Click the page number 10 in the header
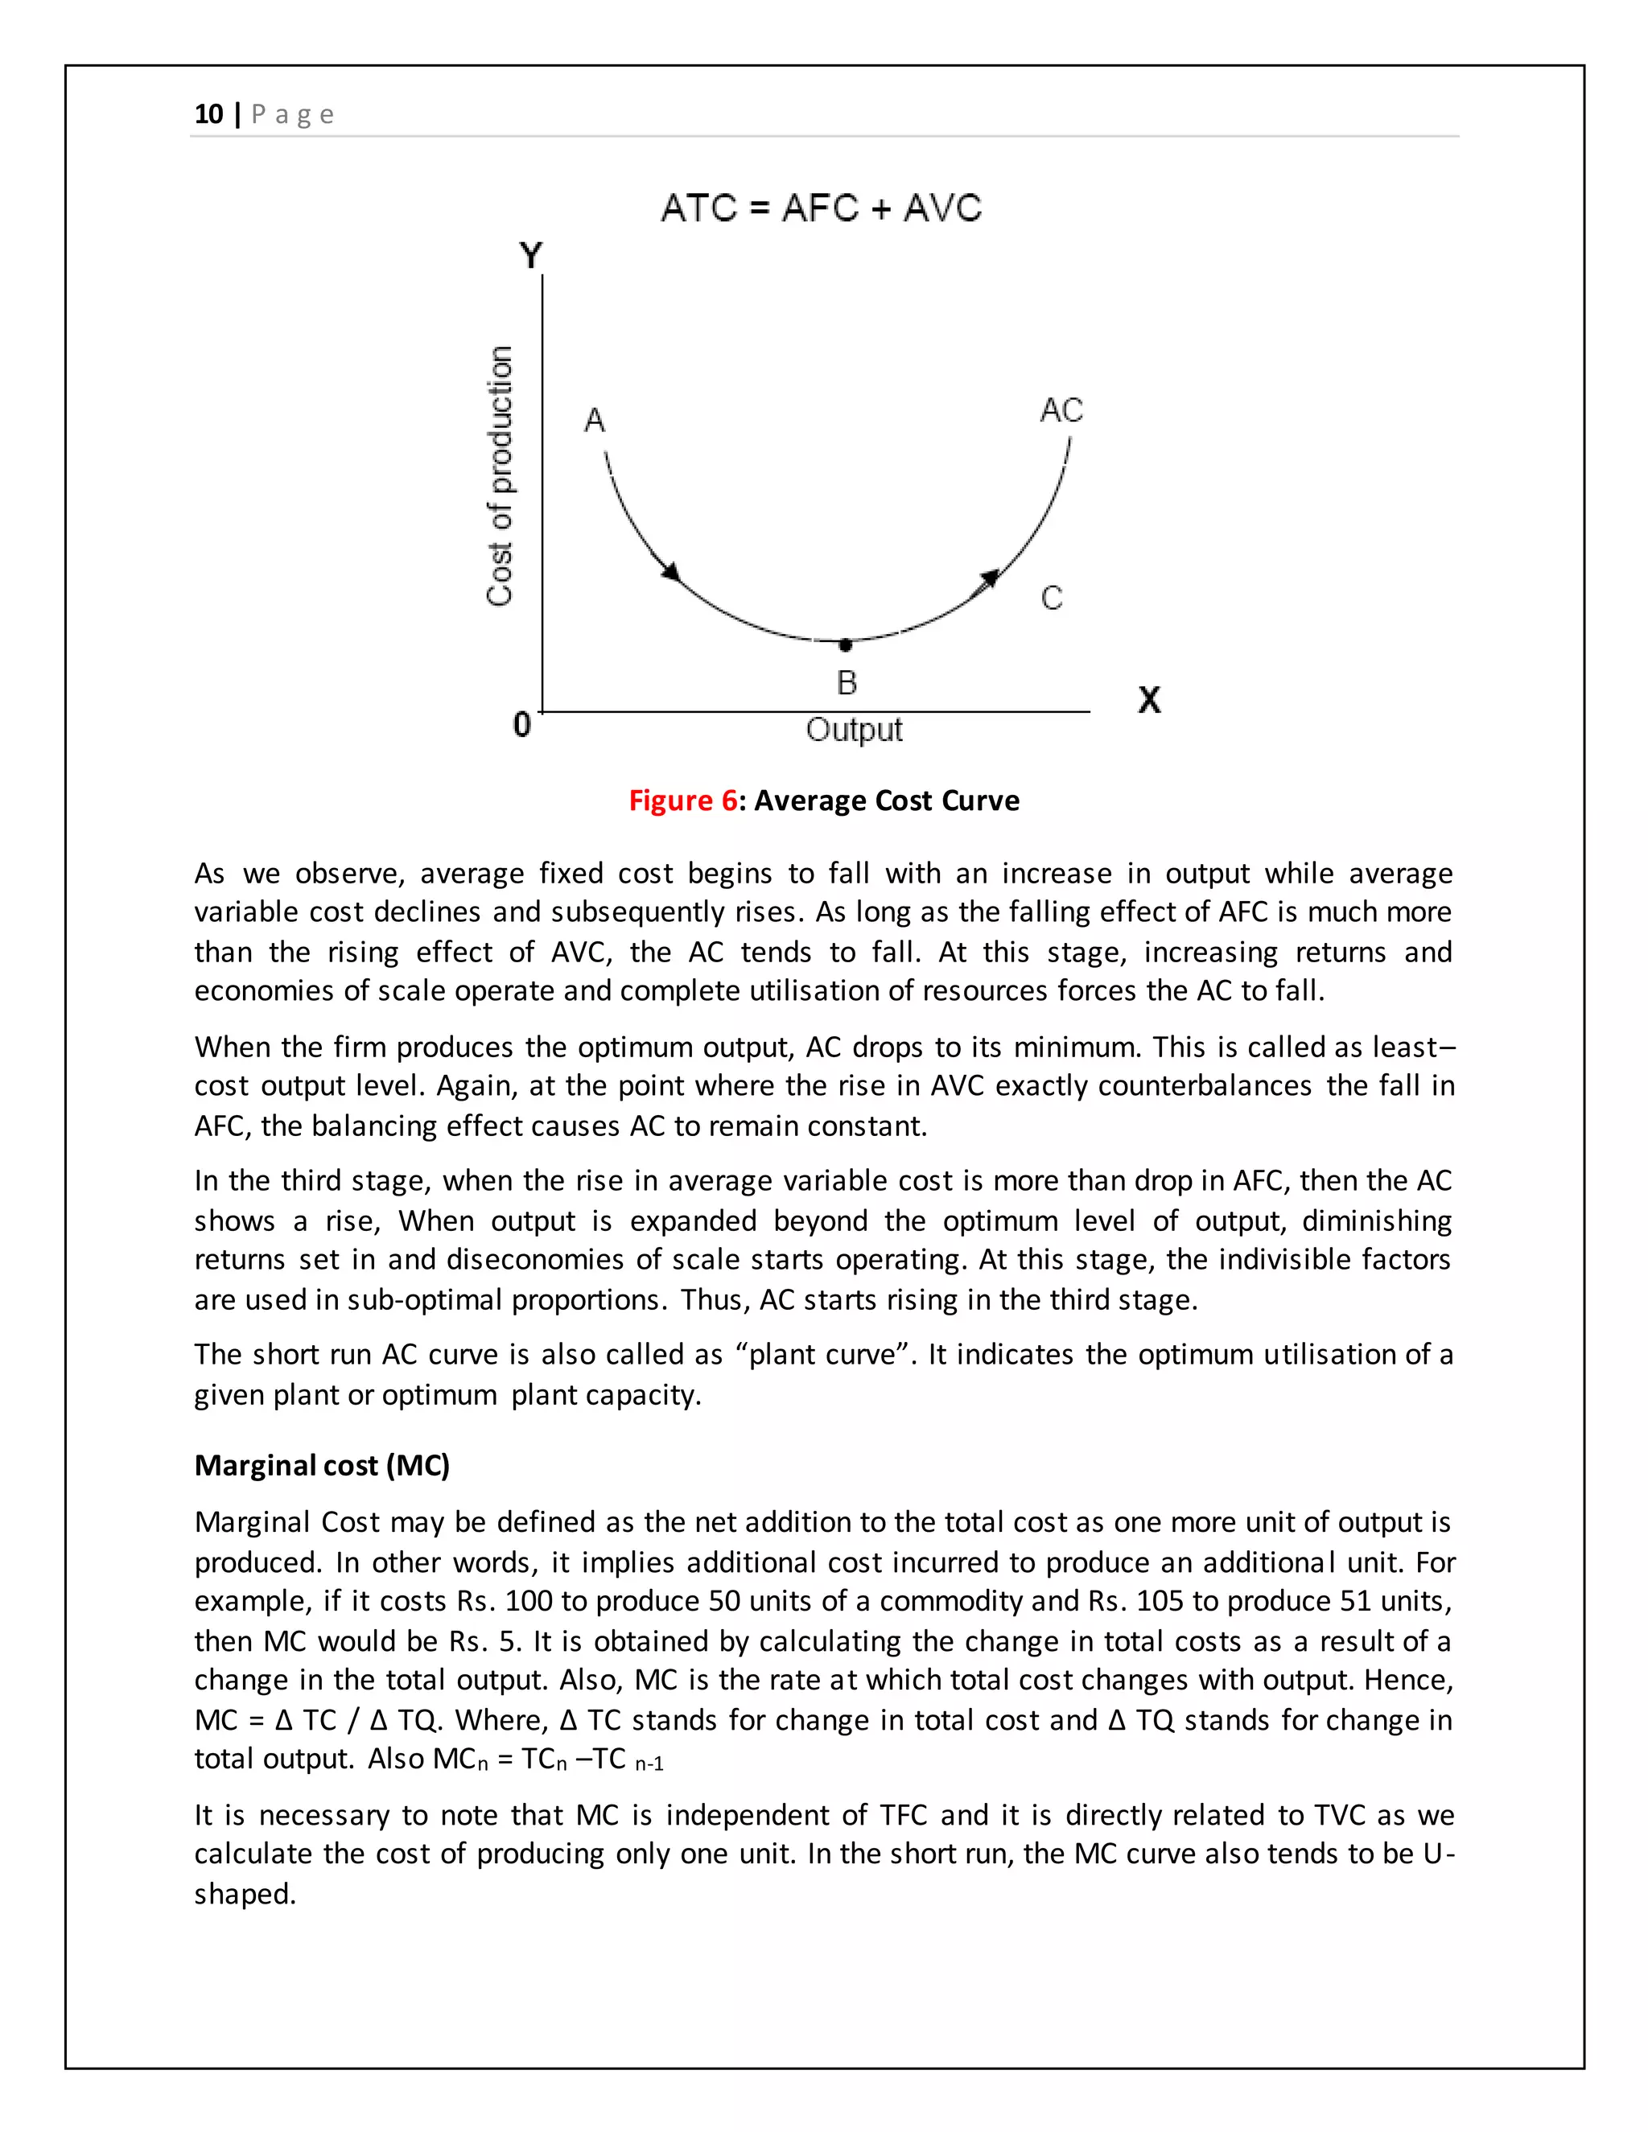(208, 114)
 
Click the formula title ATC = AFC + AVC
(821, 208)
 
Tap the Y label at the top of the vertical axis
(530, 256)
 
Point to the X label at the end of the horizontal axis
(1149, 700)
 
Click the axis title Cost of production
(500, 476)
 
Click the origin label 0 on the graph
(522, 724)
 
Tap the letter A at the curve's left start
(595, 421)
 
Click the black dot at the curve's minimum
(846, 644)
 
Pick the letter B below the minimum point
(847, 682)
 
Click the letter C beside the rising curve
(1052, 598)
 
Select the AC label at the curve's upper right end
(1061, 410)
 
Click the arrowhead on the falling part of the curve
(672, 572)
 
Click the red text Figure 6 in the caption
(682, 801)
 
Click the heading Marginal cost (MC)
(322, 1465)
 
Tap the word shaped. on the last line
(244, 1894)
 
